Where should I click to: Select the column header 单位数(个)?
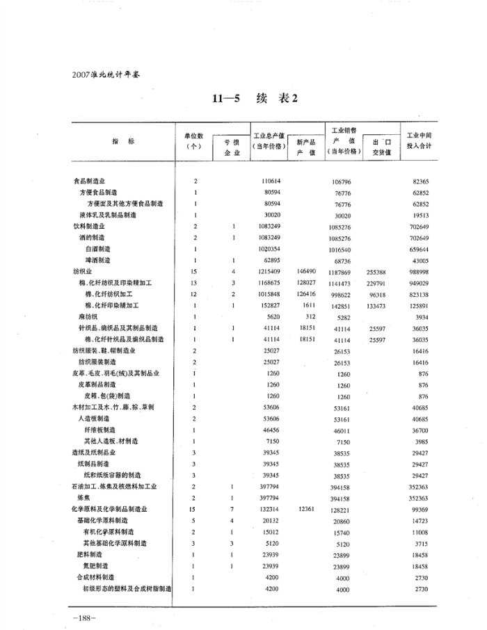coord(193,141)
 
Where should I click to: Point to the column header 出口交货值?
coord(382,147)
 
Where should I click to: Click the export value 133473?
coord(378,305)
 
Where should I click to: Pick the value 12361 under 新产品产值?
coord(306,509)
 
